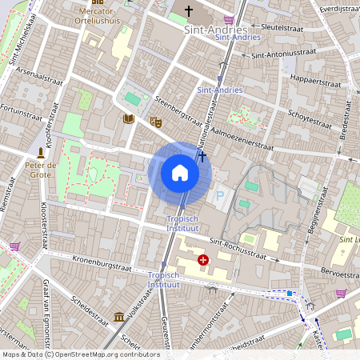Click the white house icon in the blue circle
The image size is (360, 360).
click(180, 173)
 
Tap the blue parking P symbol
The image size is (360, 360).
click(220, 195)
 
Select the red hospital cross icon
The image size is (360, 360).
click(203, 260)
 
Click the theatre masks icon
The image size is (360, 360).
click(155, 122)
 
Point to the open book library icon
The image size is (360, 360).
click(128, 119)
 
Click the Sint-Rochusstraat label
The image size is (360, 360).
click(238, 247)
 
